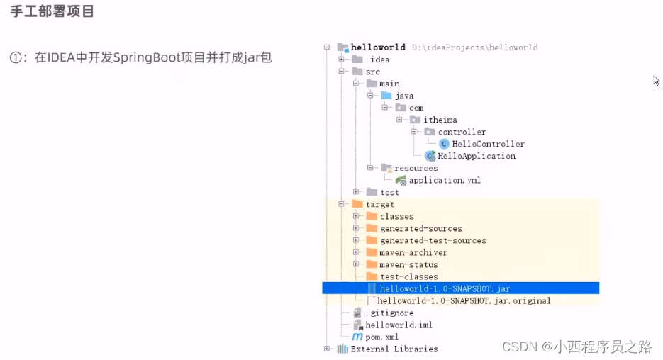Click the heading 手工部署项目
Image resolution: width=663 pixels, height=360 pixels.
pos(52,12)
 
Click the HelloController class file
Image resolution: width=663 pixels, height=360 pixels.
pos(488,144)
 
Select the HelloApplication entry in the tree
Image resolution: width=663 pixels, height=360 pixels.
pos(476,156)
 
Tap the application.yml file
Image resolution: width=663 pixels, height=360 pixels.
pos(444,180)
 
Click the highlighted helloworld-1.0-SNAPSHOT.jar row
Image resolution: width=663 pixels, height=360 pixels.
pos(445,288)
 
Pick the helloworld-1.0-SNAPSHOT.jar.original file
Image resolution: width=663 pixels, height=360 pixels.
pos(464,300)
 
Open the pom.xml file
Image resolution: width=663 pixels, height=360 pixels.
pos(381,337)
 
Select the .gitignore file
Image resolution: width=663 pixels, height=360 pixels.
pos(389,313)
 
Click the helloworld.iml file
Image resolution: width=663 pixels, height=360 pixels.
pos(399,325)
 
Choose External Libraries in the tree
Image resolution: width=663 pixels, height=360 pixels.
pos(394,349)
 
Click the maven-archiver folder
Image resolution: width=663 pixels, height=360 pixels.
pos(413,252)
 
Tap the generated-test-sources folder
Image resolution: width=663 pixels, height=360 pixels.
pos(433,240)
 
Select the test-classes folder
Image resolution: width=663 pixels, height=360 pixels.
pos(408,276)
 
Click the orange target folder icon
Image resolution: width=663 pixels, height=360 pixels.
pos(357,204)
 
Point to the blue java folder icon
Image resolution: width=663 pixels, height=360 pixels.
pos(386,96)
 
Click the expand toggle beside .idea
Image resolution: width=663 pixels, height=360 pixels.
pos(342,60)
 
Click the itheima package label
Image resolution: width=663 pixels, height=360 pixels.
pos(440,120)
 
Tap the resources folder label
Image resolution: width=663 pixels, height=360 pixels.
pos(416,168)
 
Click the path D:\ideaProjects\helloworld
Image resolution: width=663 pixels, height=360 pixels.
pos(474,47)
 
